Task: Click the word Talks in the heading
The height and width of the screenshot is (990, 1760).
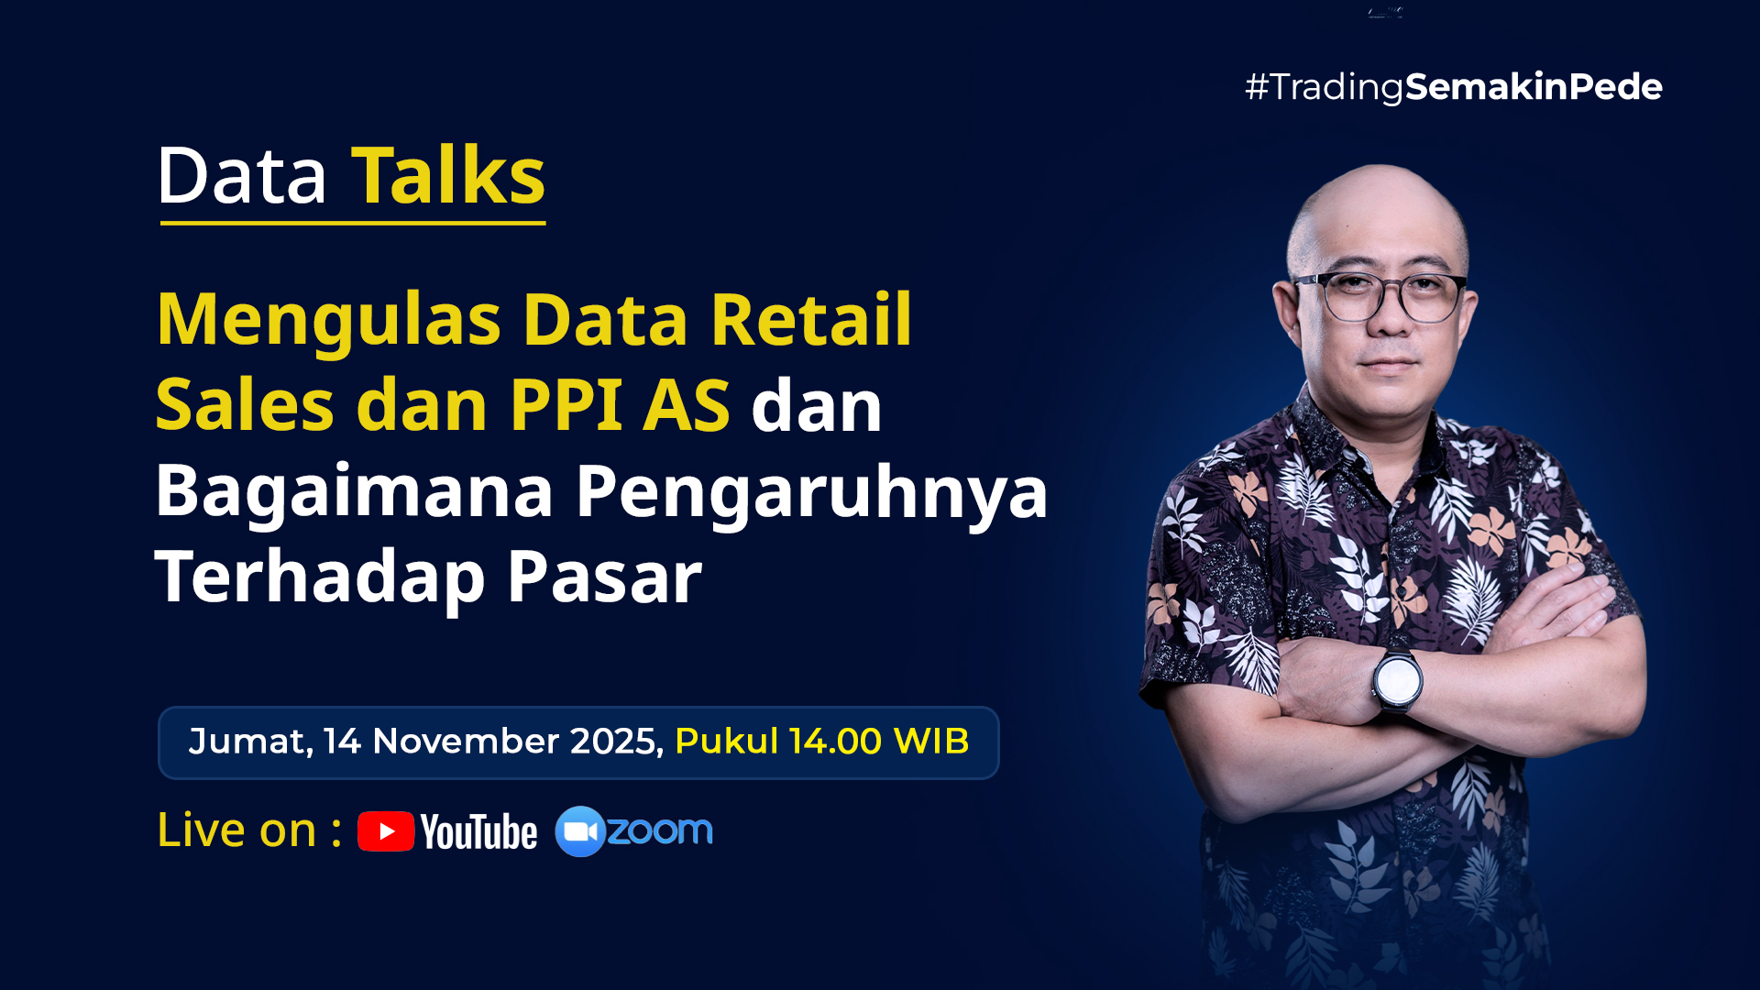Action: pos(448,176)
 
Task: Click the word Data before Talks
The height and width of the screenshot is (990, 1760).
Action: pos(242,176)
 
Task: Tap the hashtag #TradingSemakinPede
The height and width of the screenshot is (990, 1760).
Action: pos(1453,87)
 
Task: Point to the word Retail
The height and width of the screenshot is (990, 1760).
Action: pos(811,319)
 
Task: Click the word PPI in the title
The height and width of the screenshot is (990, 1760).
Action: pos(566,405)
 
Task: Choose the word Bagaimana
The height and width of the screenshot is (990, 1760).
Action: pos(354,492)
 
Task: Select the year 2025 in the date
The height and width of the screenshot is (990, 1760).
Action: pos(614,742)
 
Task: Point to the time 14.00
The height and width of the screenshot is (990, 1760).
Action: pos(835,742)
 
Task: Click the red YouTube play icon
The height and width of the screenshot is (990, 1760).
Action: pos(386,831)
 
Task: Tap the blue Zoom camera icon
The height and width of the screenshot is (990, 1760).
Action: pos(580,831)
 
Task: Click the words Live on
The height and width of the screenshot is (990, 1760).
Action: pos(237,830)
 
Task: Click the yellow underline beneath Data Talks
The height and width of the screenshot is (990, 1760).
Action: pos(353,222)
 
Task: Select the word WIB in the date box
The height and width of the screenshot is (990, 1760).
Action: pos(931,742)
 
